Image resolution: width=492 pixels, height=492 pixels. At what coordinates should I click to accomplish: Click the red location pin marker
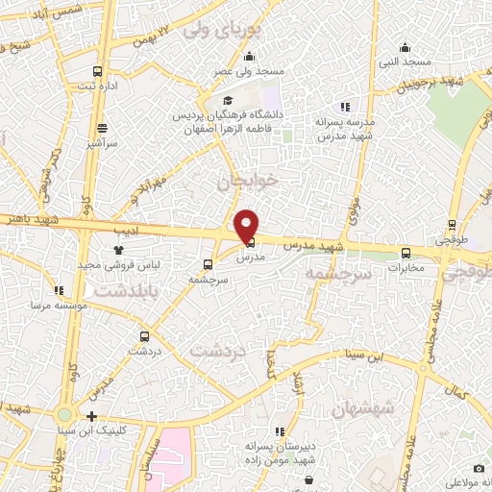247,225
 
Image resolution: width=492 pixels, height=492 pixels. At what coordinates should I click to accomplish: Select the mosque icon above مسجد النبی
405,47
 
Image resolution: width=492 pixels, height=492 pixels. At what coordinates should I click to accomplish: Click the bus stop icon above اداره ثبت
97,71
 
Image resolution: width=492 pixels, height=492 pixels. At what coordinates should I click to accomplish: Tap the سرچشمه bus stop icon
209,264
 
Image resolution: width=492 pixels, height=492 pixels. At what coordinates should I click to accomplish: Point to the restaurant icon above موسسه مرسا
59,290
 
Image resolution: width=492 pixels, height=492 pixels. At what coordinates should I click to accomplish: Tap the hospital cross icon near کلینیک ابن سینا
91,416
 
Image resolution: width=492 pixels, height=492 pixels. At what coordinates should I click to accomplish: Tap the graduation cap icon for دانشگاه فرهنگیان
228,101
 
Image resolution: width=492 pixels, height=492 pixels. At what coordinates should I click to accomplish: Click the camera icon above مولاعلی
453,468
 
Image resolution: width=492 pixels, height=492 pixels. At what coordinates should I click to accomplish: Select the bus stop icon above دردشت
145,337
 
